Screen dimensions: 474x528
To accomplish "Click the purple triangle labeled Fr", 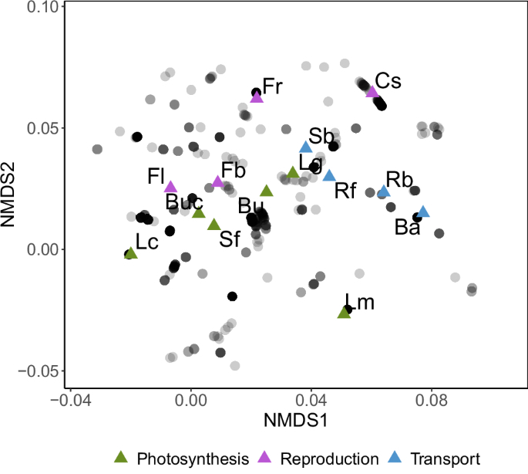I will click(x=257, y=96).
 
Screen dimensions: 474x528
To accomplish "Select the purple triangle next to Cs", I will click(x=372, y=92).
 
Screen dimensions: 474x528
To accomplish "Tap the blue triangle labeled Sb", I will click(x=305, y=147).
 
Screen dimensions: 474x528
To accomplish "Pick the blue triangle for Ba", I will click(x=422, y=212).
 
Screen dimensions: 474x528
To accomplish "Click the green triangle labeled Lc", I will click(x=130, y=252).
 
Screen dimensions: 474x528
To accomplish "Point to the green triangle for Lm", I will click(x=344, y=312).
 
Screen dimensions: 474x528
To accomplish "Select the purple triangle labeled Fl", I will click(x=170, y=186).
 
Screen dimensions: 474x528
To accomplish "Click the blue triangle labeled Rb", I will click(x=383, y=191).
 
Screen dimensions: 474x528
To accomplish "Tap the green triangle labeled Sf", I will click(x=214, y=225).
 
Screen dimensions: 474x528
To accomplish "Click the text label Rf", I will click(x=346, y=192).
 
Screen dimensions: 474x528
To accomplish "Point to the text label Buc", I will click(x=183, y=202).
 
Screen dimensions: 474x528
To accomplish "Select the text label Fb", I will click(x=233, y=169).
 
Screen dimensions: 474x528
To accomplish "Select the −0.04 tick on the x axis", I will click(x=71, y=401).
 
